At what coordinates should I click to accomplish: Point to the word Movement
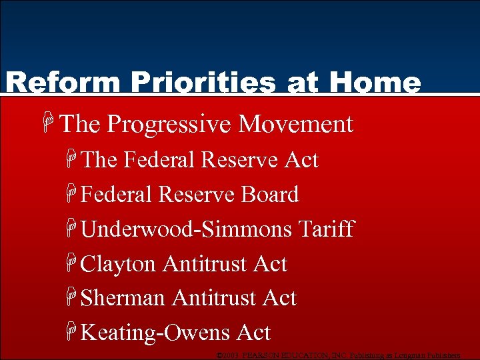tap(295, 124)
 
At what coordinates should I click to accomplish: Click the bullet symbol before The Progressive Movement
tap(47, 124)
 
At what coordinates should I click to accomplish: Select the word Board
tap(269, 195)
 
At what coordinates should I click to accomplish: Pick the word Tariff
tap(326, 229)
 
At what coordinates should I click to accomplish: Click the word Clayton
tap(118, 264)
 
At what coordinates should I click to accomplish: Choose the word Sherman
tap(123, 298)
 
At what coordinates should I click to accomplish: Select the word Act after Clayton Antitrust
tap(270, 264)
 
